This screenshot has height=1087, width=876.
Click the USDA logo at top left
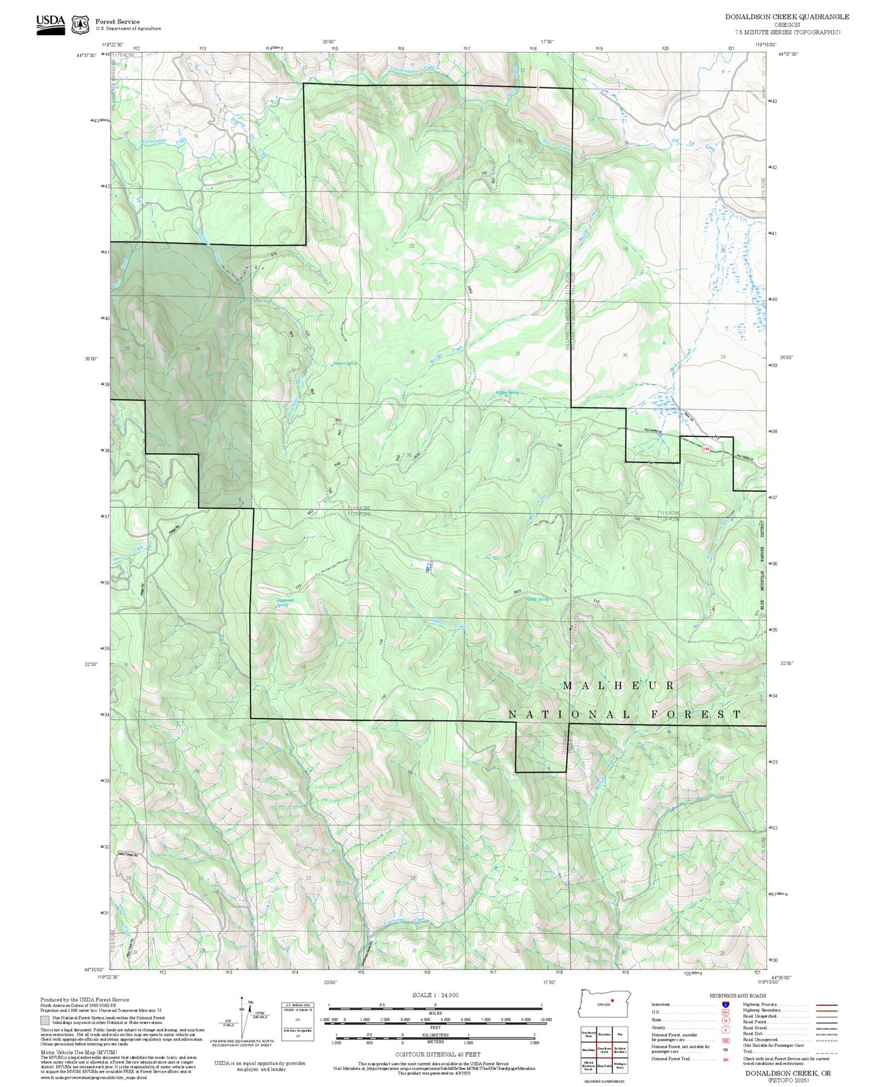[x=50, y=24]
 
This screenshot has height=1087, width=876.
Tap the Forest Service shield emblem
[x=80, y=25]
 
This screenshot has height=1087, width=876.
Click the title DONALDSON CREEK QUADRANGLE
[x=787, y=17]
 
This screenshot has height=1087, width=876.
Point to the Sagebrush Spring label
[x=282, y=602]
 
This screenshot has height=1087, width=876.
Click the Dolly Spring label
[x=538, y=599]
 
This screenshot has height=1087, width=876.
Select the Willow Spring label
[x=508, y=393]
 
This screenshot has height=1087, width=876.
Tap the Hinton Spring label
[x=345, y=364]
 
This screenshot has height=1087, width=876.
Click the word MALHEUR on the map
[x=618, y=685]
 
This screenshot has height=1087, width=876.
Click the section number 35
[x=409, y=455]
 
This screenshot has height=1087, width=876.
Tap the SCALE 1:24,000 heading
[x=435, y=994]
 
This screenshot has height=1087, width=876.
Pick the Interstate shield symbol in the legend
[x=725, y=1004]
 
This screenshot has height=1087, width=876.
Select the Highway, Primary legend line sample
[x=826, y=1005]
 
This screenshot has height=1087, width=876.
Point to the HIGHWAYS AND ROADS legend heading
[x=738, y=996]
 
